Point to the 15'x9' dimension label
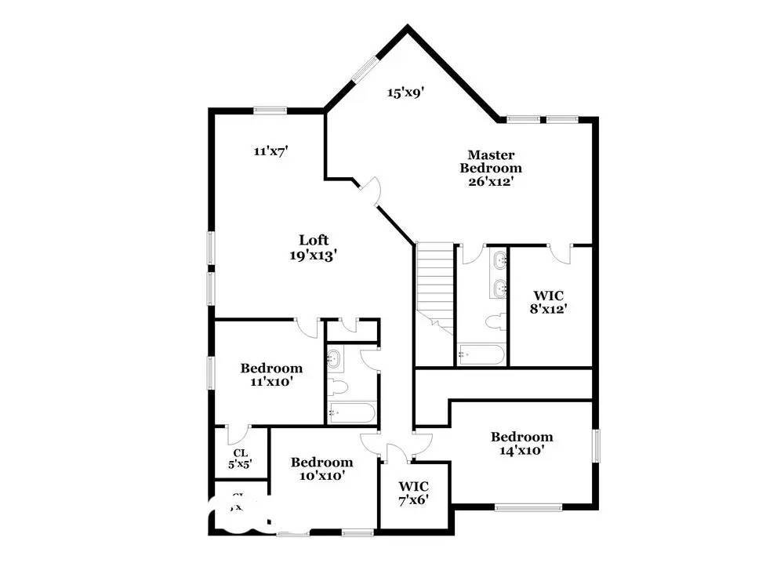click(x=405, y=93)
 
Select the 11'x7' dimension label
click(x=271, y=151)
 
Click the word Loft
click(x=314, y=240)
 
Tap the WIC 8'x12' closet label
click(x=548, y=301)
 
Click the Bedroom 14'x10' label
click(x=522, y=443)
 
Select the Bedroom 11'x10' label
click(x=271, y=374)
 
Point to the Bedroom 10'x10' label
click(x=321, y=468)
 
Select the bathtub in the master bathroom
click(x=481, y=355)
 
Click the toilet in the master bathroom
click(x=494, y=322)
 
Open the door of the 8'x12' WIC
click(x=559, y=252)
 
